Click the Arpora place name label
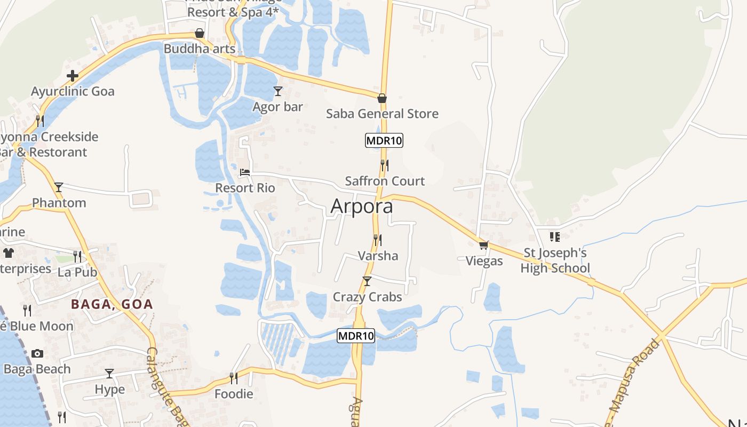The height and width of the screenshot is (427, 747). pos(362,206)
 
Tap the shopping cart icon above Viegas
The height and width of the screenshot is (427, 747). pos(483,245)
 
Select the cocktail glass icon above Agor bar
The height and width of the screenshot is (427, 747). pos(277,91)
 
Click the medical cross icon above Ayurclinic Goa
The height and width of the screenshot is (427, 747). pos(73,76)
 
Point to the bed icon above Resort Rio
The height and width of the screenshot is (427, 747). pos(245,172)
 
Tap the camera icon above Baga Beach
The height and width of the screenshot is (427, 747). pos(37,353)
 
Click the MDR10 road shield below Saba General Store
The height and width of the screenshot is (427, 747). pos(384,141)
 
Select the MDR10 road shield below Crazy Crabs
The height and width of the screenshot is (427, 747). pos(356,336)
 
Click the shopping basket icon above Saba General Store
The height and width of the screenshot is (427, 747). pos(382,98)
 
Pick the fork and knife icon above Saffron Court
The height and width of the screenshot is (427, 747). pos(384,165)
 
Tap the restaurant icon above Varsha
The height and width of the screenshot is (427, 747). pos(377,240)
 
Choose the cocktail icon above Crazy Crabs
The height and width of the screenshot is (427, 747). pos(367,281)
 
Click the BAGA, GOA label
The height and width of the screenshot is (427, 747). pos(112,305)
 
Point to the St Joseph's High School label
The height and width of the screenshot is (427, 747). pos(555,260)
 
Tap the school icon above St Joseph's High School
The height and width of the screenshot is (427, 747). pos(555,236)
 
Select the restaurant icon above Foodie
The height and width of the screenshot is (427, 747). pos(233,378)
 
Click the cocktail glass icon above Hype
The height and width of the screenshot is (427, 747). pos(109,374)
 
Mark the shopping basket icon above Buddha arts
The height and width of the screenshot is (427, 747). pos(200,33)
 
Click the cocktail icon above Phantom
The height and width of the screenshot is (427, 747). pos(59,187)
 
